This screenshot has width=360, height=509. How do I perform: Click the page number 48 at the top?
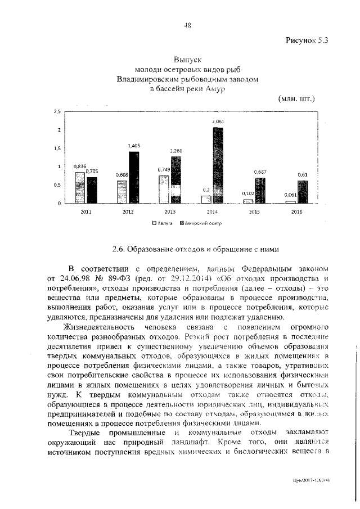click(x=187, y=25)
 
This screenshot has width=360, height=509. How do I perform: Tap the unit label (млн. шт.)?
click(x=296, y=98)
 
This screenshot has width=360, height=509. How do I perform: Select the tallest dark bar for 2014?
click(x=217, y=165)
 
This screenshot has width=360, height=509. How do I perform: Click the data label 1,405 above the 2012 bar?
click(x=134, y=145)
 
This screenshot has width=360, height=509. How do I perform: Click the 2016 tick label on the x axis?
click(x=297, y=212)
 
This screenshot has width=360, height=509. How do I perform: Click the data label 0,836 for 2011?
click(x=79, y=166)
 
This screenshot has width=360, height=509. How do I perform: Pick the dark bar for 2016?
click(x=303, y=192)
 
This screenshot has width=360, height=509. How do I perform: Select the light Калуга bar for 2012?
click(x=122, y=192)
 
